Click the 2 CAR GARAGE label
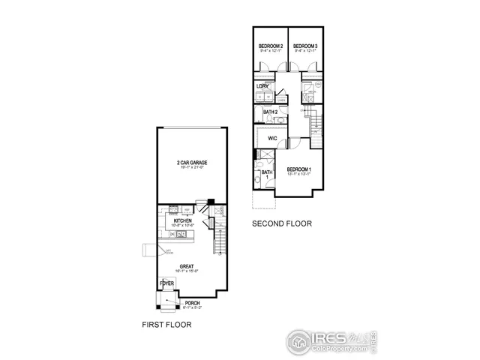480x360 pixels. click(x=193, y=162)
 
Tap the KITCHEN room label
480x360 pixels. click(x=183, y=220)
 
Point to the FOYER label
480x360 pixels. click(x=166, y=283)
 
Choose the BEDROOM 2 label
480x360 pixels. click(x=270, y=46)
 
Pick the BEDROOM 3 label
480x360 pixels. click(x=305, y=46)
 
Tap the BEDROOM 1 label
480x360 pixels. click(x=299, y=170)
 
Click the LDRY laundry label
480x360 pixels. click(x=262, y=86)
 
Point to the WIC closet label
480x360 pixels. click(x=273, y=138)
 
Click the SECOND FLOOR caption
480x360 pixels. click(x=281, y=223)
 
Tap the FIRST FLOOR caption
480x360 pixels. click(x=166, y=325)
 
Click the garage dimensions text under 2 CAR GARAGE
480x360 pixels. click(x=193, y=168)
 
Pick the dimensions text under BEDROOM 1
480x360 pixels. click(x=299, y=175)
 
